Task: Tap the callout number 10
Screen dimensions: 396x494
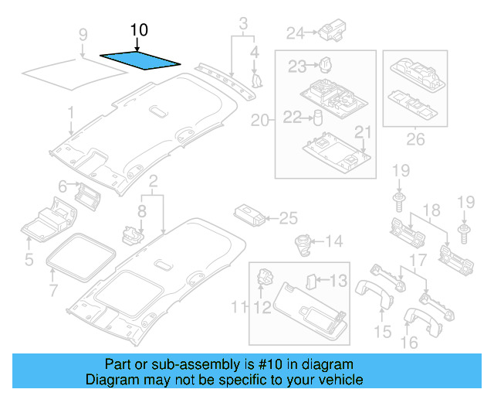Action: pos(139,31)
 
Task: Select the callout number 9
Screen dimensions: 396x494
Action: pos(83,33)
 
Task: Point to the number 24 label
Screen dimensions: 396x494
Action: pos(296,32)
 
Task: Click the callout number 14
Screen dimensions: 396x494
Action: pos(333,242)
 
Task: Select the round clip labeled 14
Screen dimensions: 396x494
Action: pos(302,243)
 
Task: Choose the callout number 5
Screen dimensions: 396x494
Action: pos(29,260)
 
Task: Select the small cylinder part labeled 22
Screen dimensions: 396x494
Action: pos(316,117)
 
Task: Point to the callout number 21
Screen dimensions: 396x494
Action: pos(363,132)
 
